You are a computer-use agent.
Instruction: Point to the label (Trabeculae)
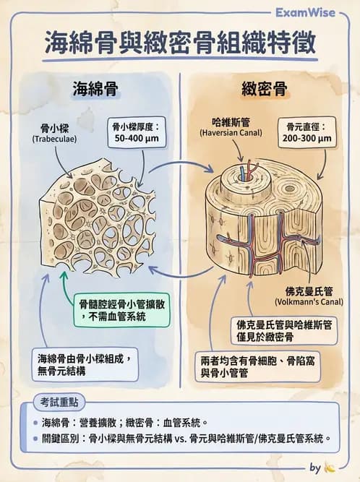pos(53,139)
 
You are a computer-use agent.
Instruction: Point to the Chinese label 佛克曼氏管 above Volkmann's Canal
pos(309,290)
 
